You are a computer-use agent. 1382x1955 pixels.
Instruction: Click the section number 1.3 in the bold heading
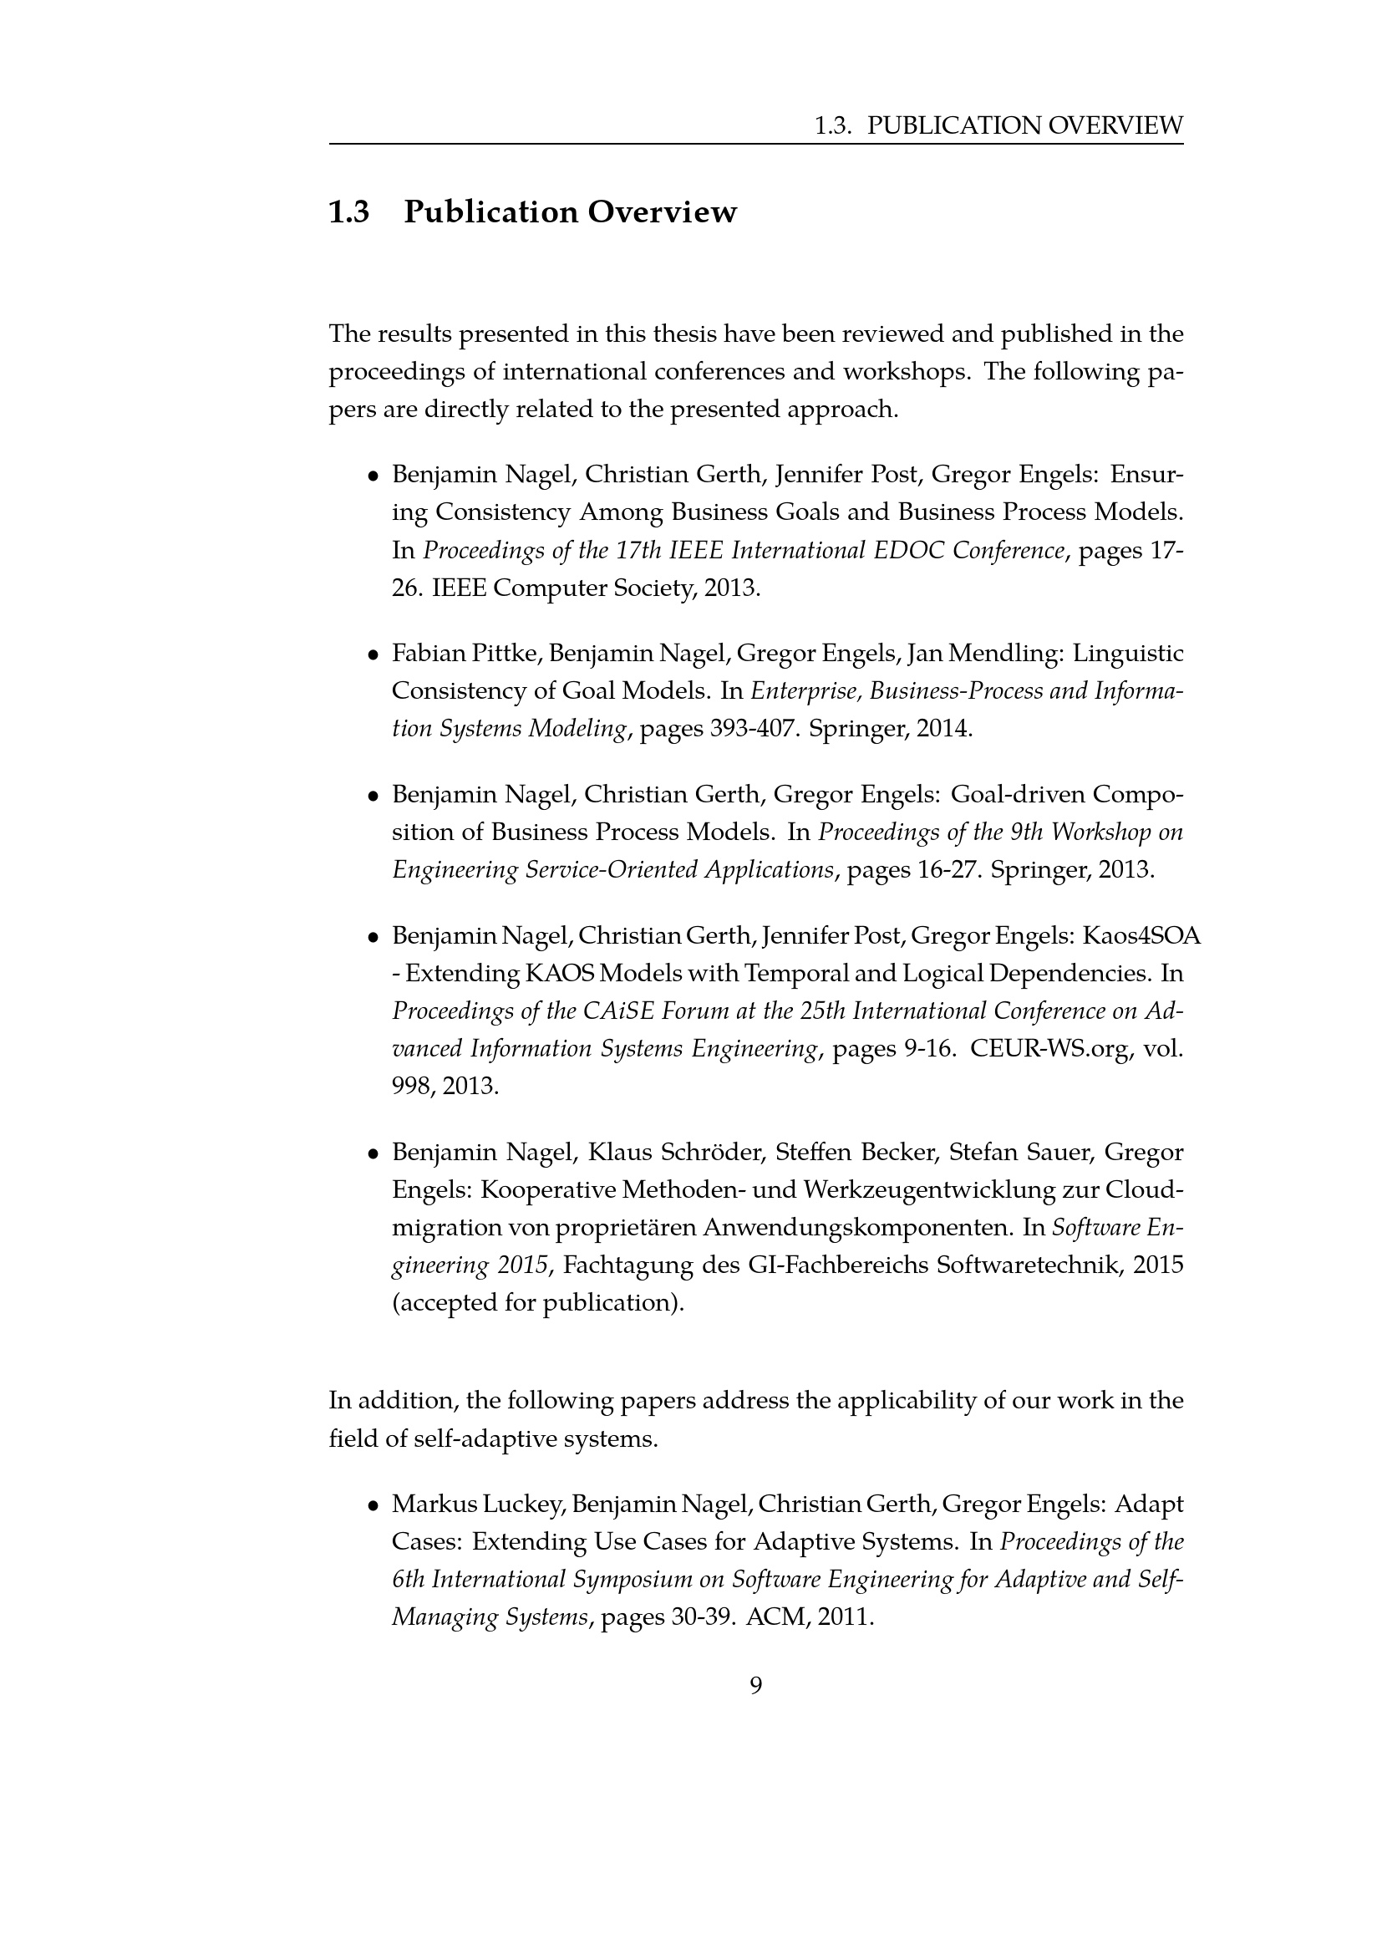point(349,212)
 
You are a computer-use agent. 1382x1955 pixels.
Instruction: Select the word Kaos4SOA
point(1141,935)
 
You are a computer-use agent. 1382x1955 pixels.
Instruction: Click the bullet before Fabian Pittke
point(373,654)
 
